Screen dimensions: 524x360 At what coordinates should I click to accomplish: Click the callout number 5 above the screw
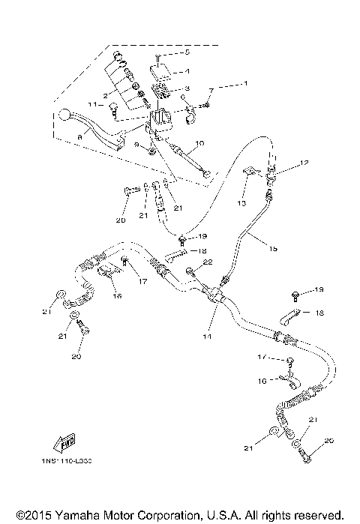pyautogui.click(x=188, y=54)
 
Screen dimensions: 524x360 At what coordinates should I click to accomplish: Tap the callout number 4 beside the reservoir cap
pyautogui.click(x=188, y=72)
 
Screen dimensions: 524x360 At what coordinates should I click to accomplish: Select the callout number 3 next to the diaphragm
pyautogui.click(x=188, y=88)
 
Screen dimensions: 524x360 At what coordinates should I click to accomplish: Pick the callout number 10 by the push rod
pyautogui.click(x=199, y=142)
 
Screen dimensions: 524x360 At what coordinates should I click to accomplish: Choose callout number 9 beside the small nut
pyautogui.click(x=136, y=144)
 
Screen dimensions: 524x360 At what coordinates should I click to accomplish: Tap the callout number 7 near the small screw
pyautogui.click(x=211, y=91)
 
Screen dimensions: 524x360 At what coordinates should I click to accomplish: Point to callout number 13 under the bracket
pyautogui.click(x=242, y=203)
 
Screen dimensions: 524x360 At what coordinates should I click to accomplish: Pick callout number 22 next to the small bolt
pyautogui.click(x=208, y=262)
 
